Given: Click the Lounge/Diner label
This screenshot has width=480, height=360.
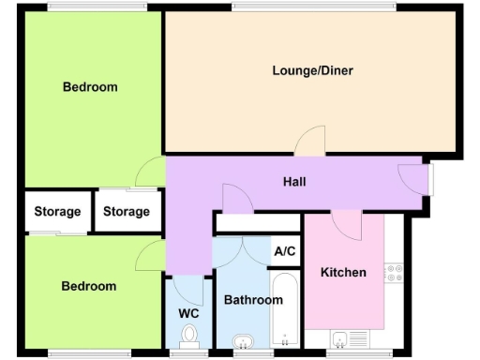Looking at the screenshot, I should pyautogui.click(x=312, y=70).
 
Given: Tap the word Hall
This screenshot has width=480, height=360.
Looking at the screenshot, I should pyautogui.click(x=294, y=182).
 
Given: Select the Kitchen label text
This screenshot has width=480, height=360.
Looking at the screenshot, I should pyautogui.click(x=343, y=273).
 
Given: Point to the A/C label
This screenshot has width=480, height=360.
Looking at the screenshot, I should pyautogui.click(x=285, y=251).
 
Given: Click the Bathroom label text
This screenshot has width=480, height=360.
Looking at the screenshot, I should pyautogui.click(x=252, y=300).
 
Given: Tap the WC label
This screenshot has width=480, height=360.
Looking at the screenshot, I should pyautogui.click(x=188, y=313).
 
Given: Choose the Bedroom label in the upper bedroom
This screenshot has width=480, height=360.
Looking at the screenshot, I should pyautogui.click(x=90, y=87).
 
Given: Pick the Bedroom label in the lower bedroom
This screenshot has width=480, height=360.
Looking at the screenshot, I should pyautogui.click(x=89, y=286).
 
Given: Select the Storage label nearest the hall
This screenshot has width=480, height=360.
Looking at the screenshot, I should pyautogui.click(x=127, y=212).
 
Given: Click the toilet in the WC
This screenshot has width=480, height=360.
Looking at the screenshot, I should pyautogui.click(x=190, y=335).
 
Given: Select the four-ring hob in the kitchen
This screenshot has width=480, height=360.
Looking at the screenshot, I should pyautogui.click(x=394, y=273).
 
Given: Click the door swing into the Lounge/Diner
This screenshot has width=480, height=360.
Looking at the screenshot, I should pyautogui.click(x=310, y=143).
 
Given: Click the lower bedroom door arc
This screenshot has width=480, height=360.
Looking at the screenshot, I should pyautogui.click(x=150, y=256).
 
